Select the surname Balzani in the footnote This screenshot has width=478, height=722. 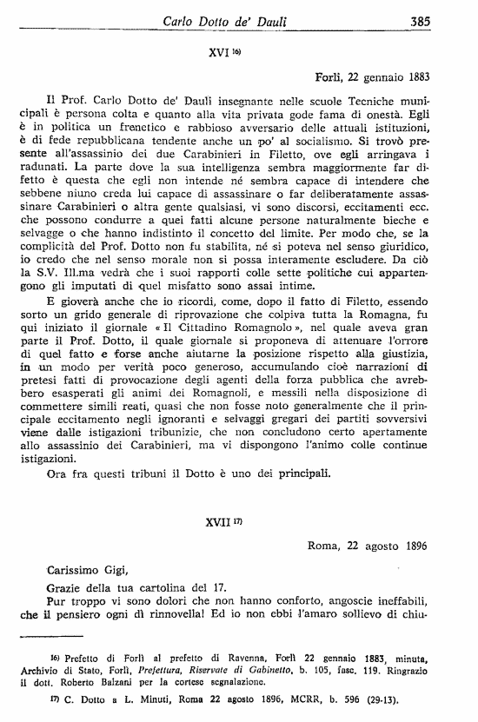[136, 683]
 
